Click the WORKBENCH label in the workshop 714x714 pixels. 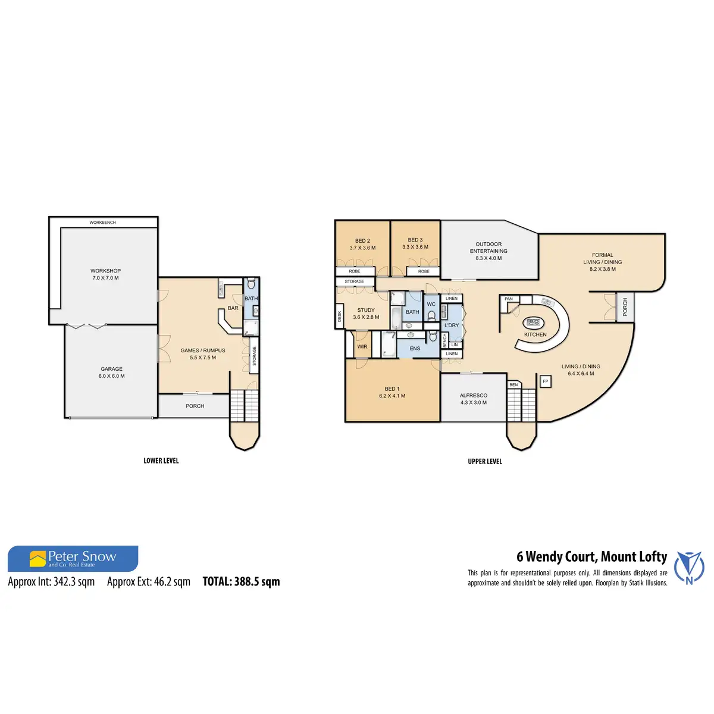[x=103, y=223]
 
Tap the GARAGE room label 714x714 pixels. [x=112, y=369]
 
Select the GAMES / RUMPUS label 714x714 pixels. [x=203, y=350]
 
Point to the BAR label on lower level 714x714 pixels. [x=233, y=308]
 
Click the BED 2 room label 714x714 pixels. [x=362, y=241]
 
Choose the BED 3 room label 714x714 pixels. [x=415, y=240]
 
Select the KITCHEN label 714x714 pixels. [x=535, y=334]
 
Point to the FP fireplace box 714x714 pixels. [x=545, y=381]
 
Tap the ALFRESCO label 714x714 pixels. [x=474, y=395]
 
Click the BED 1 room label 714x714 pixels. [x=392, y=389]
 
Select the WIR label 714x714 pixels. [x=362, y=346]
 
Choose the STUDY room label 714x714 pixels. [x=366, y=310]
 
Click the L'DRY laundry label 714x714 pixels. [x=452, y=325]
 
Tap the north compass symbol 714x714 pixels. [x=689, y=567]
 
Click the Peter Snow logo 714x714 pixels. [x=73, y=559]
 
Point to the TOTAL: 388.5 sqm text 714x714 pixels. [x=241, y=582]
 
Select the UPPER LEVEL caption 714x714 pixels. [x=485, y=461]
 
